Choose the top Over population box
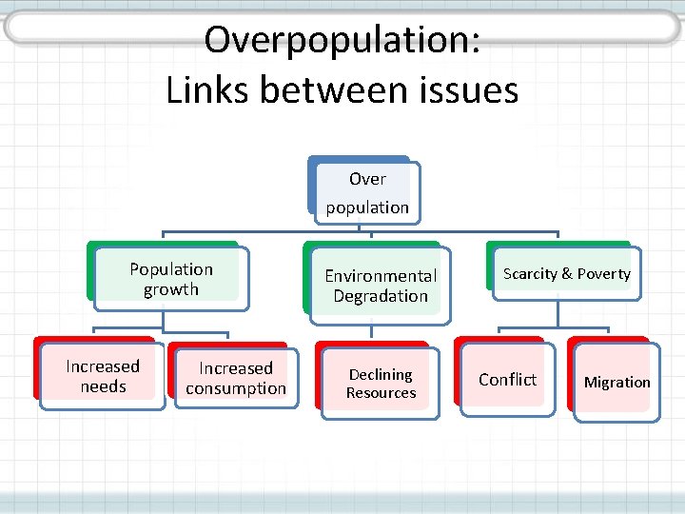tap(367, 192)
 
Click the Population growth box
tap(171, 279)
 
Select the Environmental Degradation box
tap(381, 286)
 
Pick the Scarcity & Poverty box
tap(567, 274)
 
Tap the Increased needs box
tap(103, 376)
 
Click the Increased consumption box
tap(236, 378)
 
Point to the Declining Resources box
tap(381, 384)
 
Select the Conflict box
tap(507, 380)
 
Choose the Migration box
tap(616, 383)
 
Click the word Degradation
tap(381, 296)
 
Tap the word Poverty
tap(603, 274)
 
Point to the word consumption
tap(236, 388)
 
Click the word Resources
tap(381, 393)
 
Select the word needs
tap(103, 386)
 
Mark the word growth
tap(171, 289)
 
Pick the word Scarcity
tap(530, 274)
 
